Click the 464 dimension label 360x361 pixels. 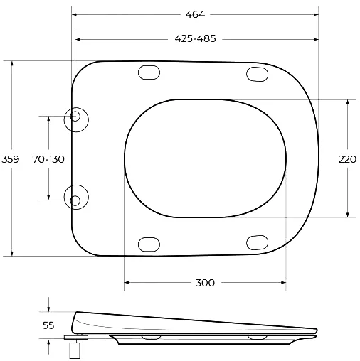[195, 15]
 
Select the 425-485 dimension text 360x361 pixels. [195, 38]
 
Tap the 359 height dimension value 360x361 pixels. [10, 159]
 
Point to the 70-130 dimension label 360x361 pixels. [48, 159]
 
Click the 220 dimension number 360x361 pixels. [347, 159]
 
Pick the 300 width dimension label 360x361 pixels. [205, 283]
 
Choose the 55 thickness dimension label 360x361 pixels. [48, 325]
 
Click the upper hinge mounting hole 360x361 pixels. [75, 116]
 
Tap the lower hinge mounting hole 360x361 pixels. [75, 200]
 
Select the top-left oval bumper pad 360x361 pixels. [149, 72]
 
